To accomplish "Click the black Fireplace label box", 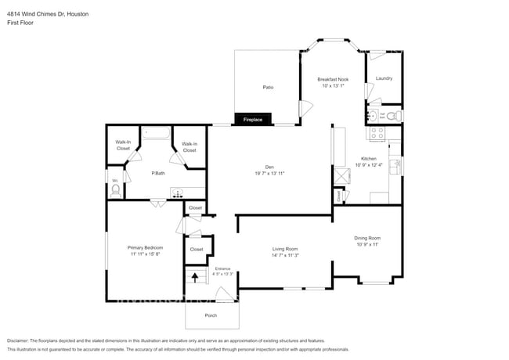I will click(x=252, y=120).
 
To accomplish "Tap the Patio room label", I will click(x=267, y=88).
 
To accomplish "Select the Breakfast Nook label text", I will click(x=333, y=80).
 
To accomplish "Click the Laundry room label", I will click(x=384, y=78).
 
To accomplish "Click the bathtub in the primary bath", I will click(x=157, y=132).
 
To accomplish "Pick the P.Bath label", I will click(x=158, y=173).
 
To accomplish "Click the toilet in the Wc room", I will click(x=116, y=189).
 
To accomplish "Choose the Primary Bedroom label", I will click(x=145, y=247).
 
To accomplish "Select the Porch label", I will click(x=211, y=315).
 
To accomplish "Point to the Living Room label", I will click(x=286, y=248).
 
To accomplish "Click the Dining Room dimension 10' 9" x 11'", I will click(x=367, y=244).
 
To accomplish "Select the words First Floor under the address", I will click(x=21, y=23).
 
